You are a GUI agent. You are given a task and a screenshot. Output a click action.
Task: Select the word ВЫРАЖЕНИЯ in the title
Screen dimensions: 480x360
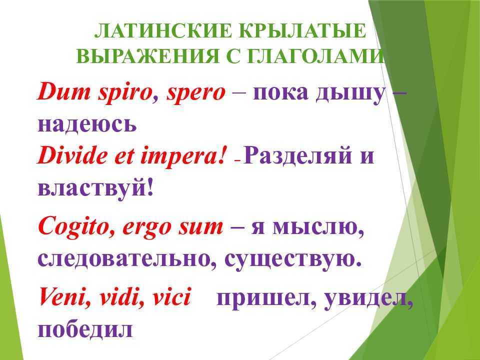tap(148, 56)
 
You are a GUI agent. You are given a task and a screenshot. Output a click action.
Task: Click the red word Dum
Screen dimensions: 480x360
tap(63, 91)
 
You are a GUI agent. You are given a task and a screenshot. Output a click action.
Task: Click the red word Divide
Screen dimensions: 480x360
tap(72, 155)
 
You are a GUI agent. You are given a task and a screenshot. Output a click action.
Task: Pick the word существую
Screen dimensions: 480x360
tap(293, 260)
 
